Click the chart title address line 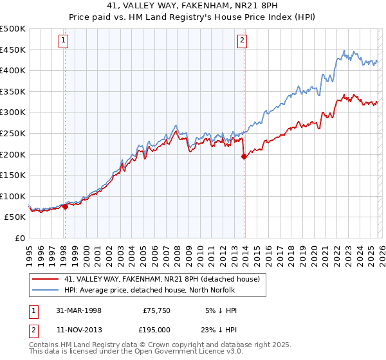(x=193, y=5)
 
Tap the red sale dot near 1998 (x=66, y=206)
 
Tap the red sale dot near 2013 (x=244, y=156)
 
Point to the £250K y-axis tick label (x=13, y=133)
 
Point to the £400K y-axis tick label (x=13, y=70)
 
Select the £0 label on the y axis (x=21, y=238)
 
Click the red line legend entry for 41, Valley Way (x=161, y=279)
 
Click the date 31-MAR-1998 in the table (x=79, y=310)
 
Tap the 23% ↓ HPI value (x=222, y=329)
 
